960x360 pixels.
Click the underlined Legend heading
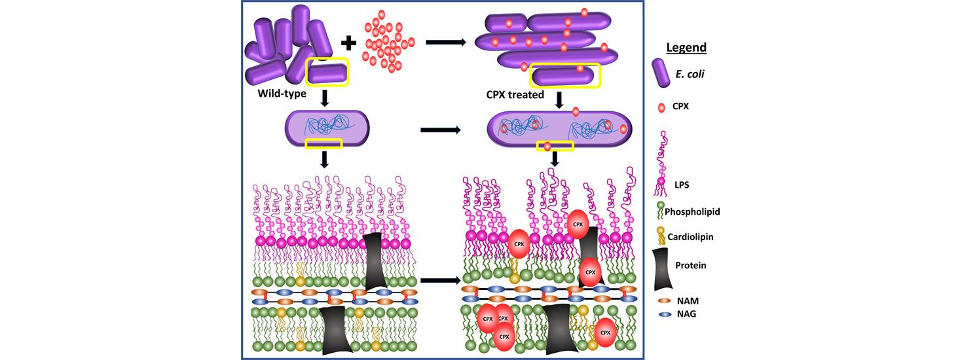click(x=686, y=48)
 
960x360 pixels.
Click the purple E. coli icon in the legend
click(x=661, y=73)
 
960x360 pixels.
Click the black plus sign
click(x=349, y=43)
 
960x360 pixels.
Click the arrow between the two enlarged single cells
click(x=441, y=130)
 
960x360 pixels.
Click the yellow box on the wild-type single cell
click(x=324, y=143)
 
